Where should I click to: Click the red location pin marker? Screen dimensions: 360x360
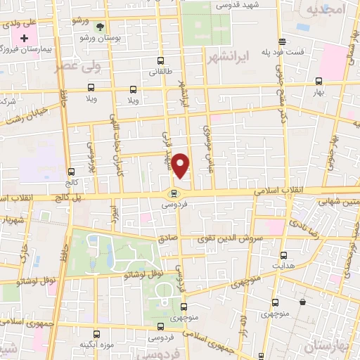click(x=181, y=166)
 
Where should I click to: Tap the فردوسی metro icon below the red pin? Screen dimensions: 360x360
click(x=173, y=194)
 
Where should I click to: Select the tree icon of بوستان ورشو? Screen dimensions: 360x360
click(x=100, y=27)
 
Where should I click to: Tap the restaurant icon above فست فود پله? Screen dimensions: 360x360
click(x=282, y=41)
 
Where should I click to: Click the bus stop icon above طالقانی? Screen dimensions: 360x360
click(x=162, y=60)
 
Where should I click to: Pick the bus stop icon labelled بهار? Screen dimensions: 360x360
click(x=319, y=81)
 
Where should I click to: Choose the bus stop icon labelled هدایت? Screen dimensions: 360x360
click(x=284, y=255)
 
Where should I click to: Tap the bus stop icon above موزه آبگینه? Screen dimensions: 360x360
click(x=96, y=333)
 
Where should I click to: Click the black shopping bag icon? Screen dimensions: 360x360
click(x=302, y=302)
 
